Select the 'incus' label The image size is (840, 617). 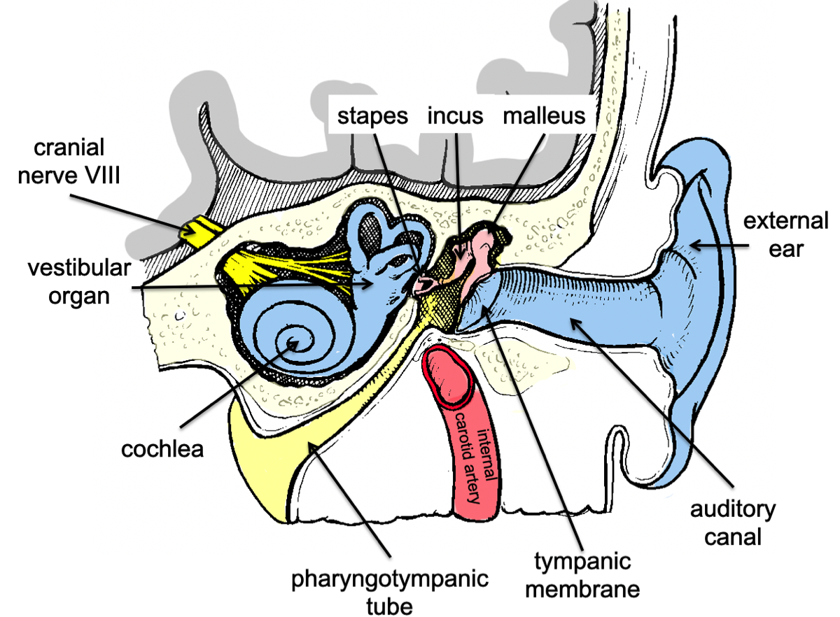(455, 115)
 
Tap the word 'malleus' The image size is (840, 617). (544, 115)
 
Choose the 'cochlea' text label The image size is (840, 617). (162, 448)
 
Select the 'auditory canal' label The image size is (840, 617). (733, 523)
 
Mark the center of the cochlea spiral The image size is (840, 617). (294, 343)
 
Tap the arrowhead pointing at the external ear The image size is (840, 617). (693, 244)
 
